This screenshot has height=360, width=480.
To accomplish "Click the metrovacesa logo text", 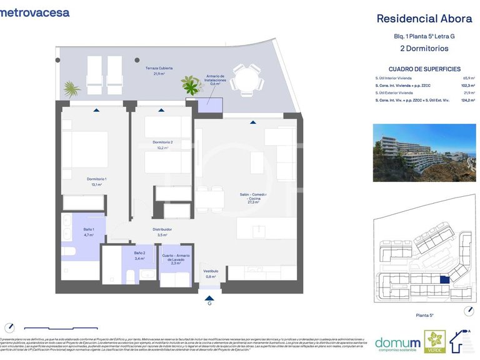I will coord(35,12).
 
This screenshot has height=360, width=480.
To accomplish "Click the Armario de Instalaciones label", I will coord(216,79).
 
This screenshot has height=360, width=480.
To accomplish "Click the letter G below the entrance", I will coord(209,303).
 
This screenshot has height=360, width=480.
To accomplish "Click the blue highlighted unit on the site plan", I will coord(444,281).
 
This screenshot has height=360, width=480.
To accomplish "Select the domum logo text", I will coord(397,342).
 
